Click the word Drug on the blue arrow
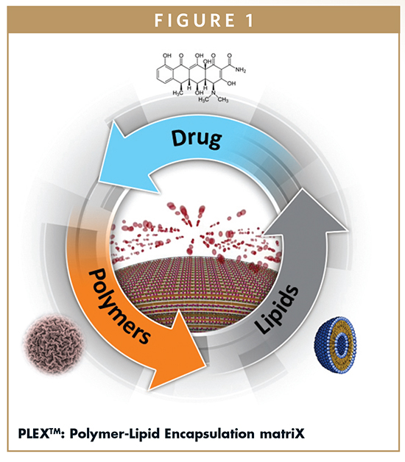click(x=197, y=138)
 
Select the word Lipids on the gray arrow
click(x=276, y=309)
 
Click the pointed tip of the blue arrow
click(x=99, y=182)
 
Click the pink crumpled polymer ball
click(x=53, y=344)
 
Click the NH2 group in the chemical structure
click(x=240, y=70)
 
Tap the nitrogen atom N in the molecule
click(x=214, y=93)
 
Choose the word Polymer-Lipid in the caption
click(x=115, y=434)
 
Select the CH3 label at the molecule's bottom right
click(x=223, y=99)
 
